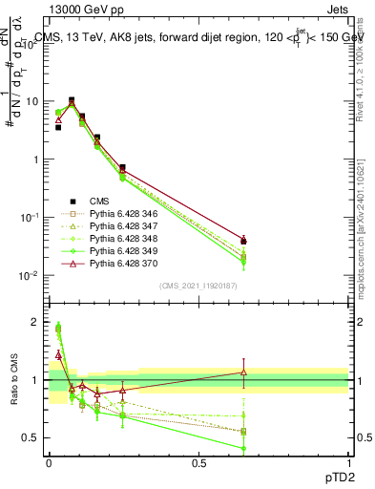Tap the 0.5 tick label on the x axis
tap(198, 462)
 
